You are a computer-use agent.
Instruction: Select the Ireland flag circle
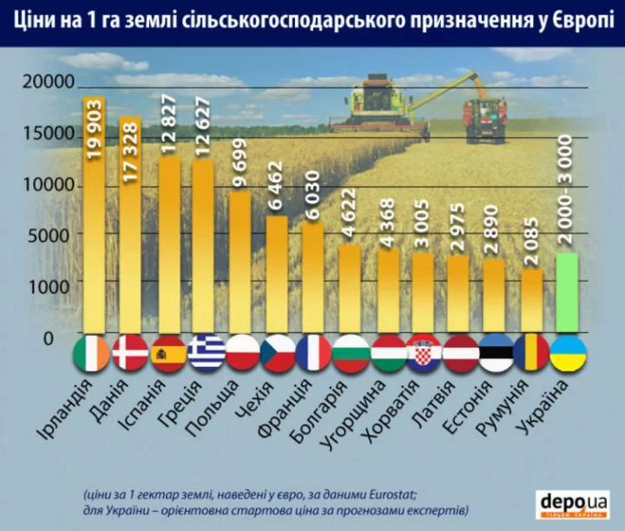pyautogui.click(x=93, y=353)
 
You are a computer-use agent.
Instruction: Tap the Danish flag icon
pyautogui.click(x=131, y=353)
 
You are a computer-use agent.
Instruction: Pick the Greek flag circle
pyautogui.click(x=207, y=353)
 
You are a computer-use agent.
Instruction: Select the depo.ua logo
pyautogui.click(x=574, y=503)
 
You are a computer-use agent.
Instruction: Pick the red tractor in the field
pyautogui.click(x=484, y=119)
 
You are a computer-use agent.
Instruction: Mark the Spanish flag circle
pyautogui.click(x=168, y=353)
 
